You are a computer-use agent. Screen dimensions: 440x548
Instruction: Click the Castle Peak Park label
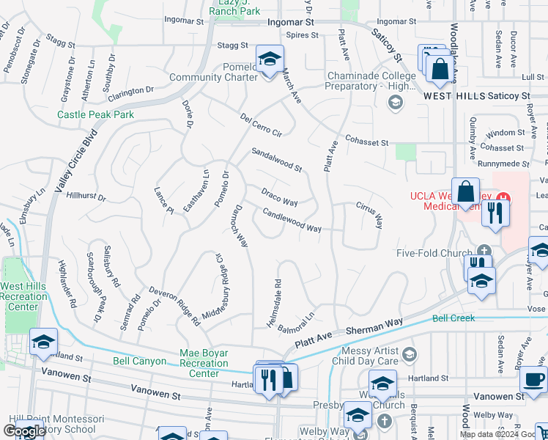click(x=95, y=115)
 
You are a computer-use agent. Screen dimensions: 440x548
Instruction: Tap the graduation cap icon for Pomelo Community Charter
click(x=270, y=58)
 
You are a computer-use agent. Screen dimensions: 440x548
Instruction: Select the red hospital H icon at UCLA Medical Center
click(x=503, y=197)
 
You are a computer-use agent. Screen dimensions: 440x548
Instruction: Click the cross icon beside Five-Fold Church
click(x=484, y=251)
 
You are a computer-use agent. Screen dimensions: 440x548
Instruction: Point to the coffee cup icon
click(x=533, y=380)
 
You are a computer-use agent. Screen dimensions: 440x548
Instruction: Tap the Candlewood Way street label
click(x=292, y=220)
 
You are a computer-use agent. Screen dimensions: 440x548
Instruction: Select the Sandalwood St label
click(x=276, y=159)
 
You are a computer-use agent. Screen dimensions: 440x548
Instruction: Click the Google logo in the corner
click(x=24, y=430)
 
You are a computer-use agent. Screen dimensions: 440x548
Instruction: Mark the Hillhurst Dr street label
click(x=86, y=197)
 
